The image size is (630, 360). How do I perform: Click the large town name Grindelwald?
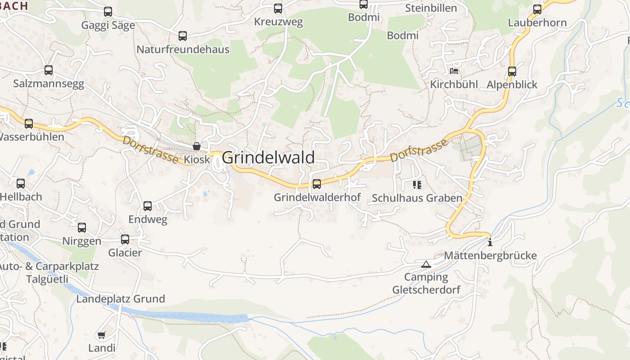[268, 157]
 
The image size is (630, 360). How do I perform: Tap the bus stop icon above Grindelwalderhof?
[317, 184]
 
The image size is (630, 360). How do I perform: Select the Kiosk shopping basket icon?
[197, 146]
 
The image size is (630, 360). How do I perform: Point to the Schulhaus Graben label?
[417, 198]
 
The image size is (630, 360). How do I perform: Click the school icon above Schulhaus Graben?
[417, 185]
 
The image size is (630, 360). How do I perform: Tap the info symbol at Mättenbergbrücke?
[490, 242]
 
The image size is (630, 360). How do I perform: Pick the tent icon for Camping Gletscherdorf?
[426, 264]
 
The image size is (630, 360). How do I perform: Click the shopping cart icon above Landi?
[102, 335]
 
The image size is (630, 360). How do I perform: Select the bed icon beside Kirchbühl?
[454, 71]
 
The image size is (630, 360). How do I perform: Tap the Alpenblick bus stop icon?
[512, 72]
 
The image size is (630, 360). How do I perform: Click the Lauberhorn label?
[537, 22]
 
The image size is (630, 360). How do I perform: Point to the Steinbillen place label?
[431, 8]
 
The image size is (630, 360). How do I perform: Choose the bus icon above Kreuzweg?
[278, 8]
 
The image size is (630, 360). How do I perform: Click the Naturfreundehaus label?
[183, 49]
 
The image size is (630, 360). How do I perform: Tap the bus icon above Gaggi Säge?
[108, 12]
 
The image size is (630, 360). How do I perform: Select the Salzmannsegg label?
[49, 84]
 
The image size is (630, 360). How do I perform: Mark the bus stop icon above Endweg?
[148, 206]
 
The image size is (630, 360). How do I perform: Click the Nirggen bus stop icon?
[82, 228]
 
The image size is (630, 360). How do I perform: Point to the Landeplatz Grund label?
[121, 299]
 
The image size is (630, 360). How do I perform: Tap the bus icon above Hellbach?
[21, 184]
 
